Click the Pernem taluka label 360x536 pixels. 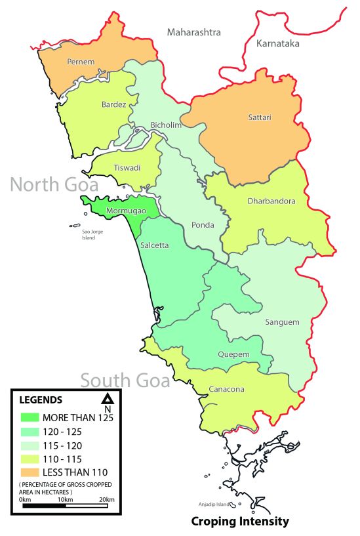(81, 62)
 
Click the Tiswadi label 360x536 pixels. (127, 167)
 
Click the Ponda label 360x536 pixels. (203, 225)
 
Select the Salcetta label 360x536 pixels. (154, 244)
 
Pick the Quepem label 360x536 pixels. (233, 355)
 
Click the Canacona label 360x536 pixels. (226, 389)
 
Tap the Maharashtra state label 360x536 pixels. (193, 32)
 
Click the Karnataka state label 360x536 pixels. (278, 43)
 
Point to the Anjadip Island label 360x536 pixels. (214, 505)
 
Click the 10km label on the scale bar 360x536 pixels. (64, 501)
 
